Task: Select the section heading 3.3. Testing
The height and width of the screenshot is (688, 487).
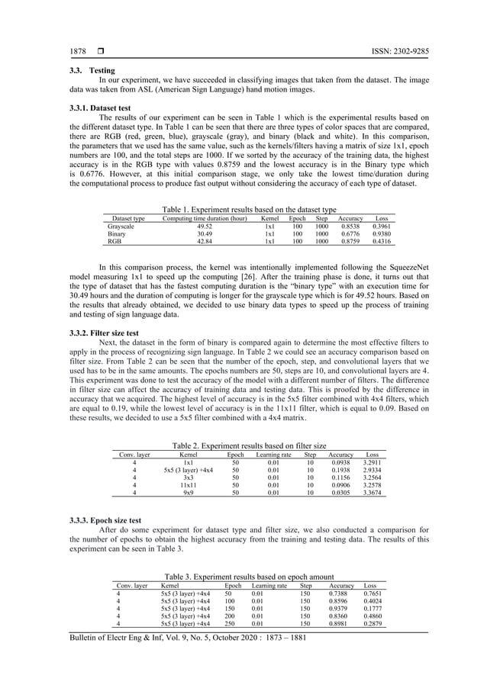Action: [x=92, y=69]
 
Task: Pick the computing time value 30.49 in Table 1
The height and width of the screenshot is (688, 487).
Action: [x=205, y=234]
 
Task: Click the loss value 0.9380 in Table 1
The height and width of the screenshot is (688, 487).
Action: [x=382, y=234]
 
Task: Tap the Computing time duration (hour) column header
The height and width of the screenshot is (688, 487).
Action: [x=205, y=218]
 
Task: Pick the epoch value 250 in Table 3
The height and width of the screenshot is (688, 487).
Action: [x=227, y=623]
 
